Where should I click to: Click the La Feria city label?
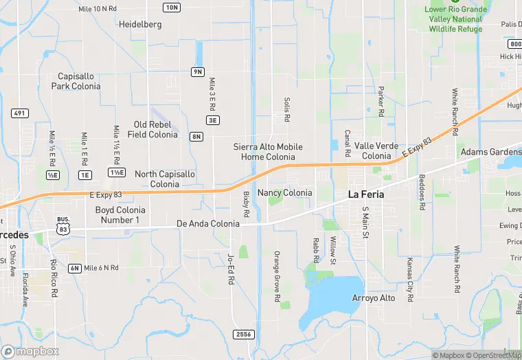click(x=366, y=194)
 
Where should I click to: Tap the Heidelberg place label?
click(x=140, y=25)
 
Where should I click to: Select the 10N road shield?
click(x=172, y=8)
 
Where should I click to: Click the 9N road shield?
click(x=198, y=72)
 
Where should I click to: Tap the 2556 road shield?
click(x=242, y=334)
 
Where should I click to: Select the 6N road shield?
click(x=74, y=268)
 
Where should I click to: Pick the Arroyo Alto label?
click(x=374, y=297)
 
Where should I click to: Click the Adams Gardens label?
click(x=491, y=152)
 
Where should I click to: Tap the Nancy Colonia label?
click(x=284, y=193)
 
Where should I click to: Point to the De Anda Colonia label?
click(x=208, y=224)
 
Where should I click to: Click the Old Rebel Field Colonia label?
click(x=152, y=130)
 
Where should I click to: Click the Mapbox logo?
click(x=30, y=351)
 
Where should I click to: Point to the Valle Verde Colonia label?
click(x=376, y=151)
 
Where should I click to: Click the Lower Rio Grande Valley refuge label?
click(x=455, y=19)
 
